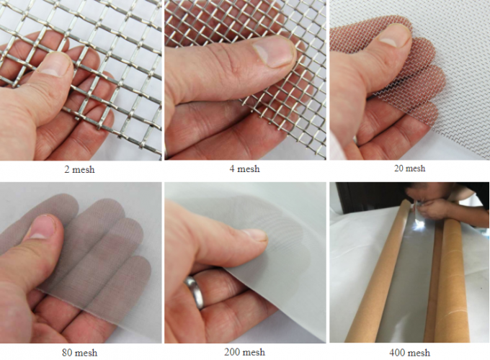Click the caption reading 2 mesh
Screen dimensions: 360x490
79,170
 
